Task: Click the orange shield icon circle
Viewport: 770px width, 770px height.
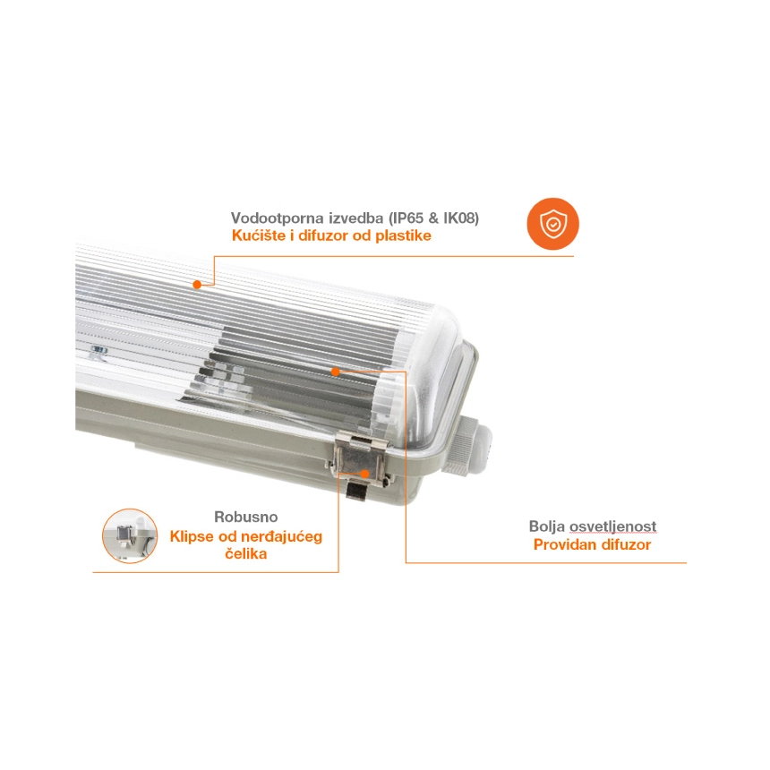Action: click(x=553, y=224)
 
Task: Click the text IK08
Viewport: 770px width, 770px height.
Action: click(x=459, y=218)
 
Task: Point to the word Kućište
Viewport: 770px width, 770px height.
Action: click(x=259, y=235)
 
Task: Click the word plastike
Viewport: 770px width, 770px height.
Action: click(x=403, y=236)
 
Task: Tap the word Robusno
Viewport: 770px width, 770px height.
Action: click(x=246, y=518)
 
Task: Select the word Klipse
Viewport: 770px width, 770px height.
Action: click(x=192, y=536)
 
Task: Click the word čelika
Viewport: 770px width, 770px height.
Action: click(x=246, y=554)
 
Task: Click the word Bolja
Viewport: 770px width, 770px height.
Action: click(x=546, y=526)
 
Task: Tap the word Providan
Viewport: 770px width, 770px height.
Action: click(x=560, y=544)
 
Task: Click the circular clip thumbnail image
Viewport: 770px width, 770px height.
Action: click(x=130, y=535)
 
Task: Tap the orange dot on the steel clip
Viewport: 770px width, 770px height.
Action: click(x=364, y=474)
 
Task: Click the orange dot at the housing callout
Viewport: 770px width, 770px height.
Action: click(x=197, y=285)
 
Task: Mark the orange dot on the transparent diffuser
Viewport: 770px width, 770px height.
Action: click(x=336, y=372)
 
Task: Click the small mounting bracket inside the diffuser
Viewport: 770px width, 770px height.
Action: click(x=99, y=351)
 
